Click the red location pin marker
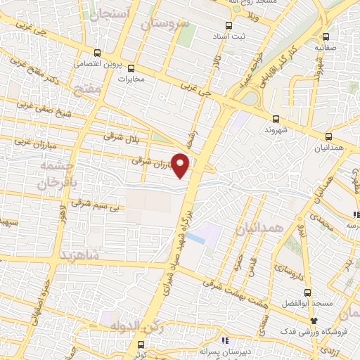click(x=181, y=165)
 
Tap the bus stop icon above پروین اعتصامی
click(x=98, y=53)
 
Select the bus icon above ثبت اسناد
click(x=220, y=32)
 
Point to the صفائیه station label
click(x=328, y=49)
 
